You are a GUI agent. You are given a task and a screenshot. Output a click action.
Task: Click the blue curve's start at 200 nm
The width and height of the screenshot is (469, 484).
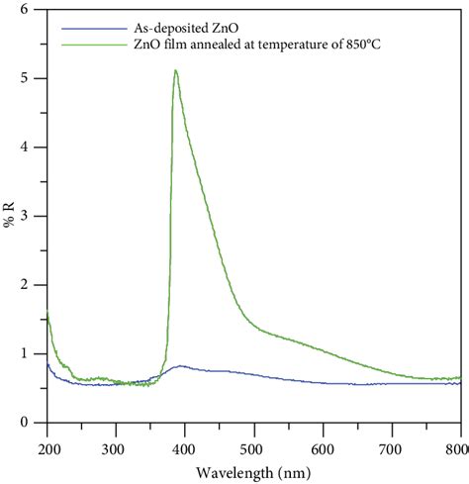47,365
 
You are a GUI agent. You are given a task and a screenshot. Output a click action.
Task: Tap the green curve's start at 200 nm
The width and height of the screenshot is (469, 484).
47,315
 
